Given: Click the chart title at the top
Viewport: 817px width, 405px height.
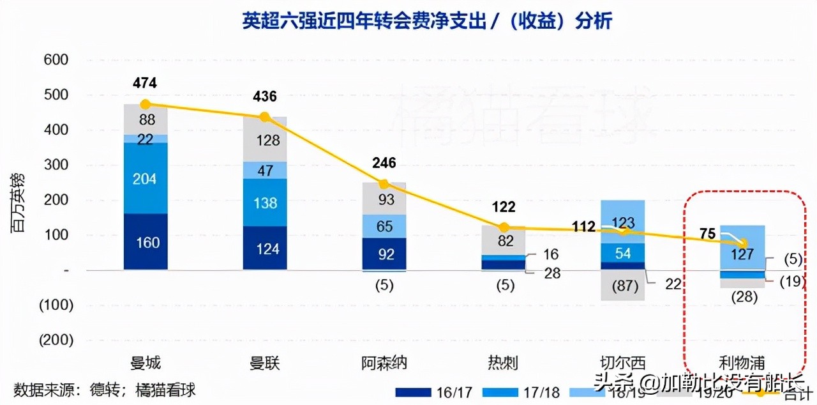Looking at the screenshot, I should click(427, 21).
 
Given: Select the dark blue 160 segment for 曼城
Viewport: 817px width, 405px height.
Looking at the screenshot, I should click(146, 242).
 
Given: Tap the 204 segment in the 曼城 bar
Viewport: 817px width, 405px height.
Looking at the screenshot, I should click(146, 179).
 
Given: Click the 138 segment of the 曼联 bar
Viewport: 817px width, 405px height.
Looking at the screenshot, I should click(265, 202).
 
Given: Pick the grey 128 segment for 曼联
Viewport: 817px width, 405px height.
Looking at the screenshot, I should click(265, 141).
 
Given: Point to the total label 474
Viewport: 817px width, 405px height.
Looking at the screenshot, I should click(145, 83).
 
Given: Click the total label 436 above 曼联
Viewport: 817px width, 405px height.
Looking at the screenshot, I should click(265, 97).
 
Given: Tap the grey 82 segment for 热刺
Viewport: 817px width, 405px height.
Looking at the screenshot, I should click(503, 241).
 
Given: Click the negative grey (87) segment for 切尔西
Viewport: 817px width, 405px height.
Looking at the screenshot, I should click(622, 286).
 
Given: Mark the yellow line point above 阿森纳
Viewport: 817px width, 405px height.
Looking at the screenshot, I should click(384, 184).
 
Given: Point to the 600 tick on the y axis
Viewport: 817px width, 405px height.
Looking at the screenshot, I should click(56, 60).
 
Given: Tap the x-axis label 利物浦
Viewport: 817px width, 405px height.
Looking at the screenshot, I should click(742, 363).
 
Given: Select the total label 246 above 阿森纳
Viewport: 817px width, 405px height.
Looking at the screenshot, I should click(384, 163).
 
